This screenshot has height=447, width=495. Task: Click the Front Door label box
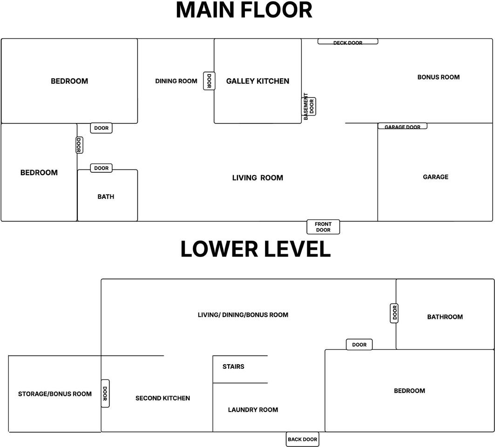323,227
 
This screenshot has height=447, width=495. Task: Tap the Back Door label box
302,439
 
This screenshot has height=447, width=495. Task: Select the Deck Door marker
347,41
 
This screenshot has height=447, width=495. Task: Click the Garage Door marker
402,126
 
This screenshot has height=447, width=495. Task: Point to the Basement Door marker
309,106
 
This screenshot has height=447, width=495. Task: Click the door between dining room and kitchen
209,81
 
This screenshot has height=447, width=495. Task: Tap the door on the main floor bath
102,168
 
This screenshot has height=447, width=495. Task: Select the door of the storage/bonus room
105,393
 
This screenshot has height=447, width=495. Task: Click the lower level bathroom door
394,313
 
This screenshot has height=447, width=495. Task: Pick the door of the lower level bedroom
359,345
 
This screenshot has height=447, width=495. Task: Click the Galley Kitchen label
258,81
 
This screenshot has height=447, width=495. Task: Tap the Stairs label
233,366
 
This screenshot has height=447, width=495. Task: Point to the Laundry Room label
253,410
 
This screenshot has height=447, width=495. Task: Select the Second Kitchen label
163,398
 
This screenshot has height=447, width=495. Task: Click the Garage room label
436,177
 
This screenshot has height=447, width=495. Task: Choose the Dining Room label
176,81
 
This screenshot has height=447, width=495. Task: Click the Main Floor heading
244,10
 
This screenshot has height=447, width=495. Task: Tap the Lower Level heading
255,249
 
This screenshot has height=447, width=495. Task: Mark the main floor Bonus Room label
439,77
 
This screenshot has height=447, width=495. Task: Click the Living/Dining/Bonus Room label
243,315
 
